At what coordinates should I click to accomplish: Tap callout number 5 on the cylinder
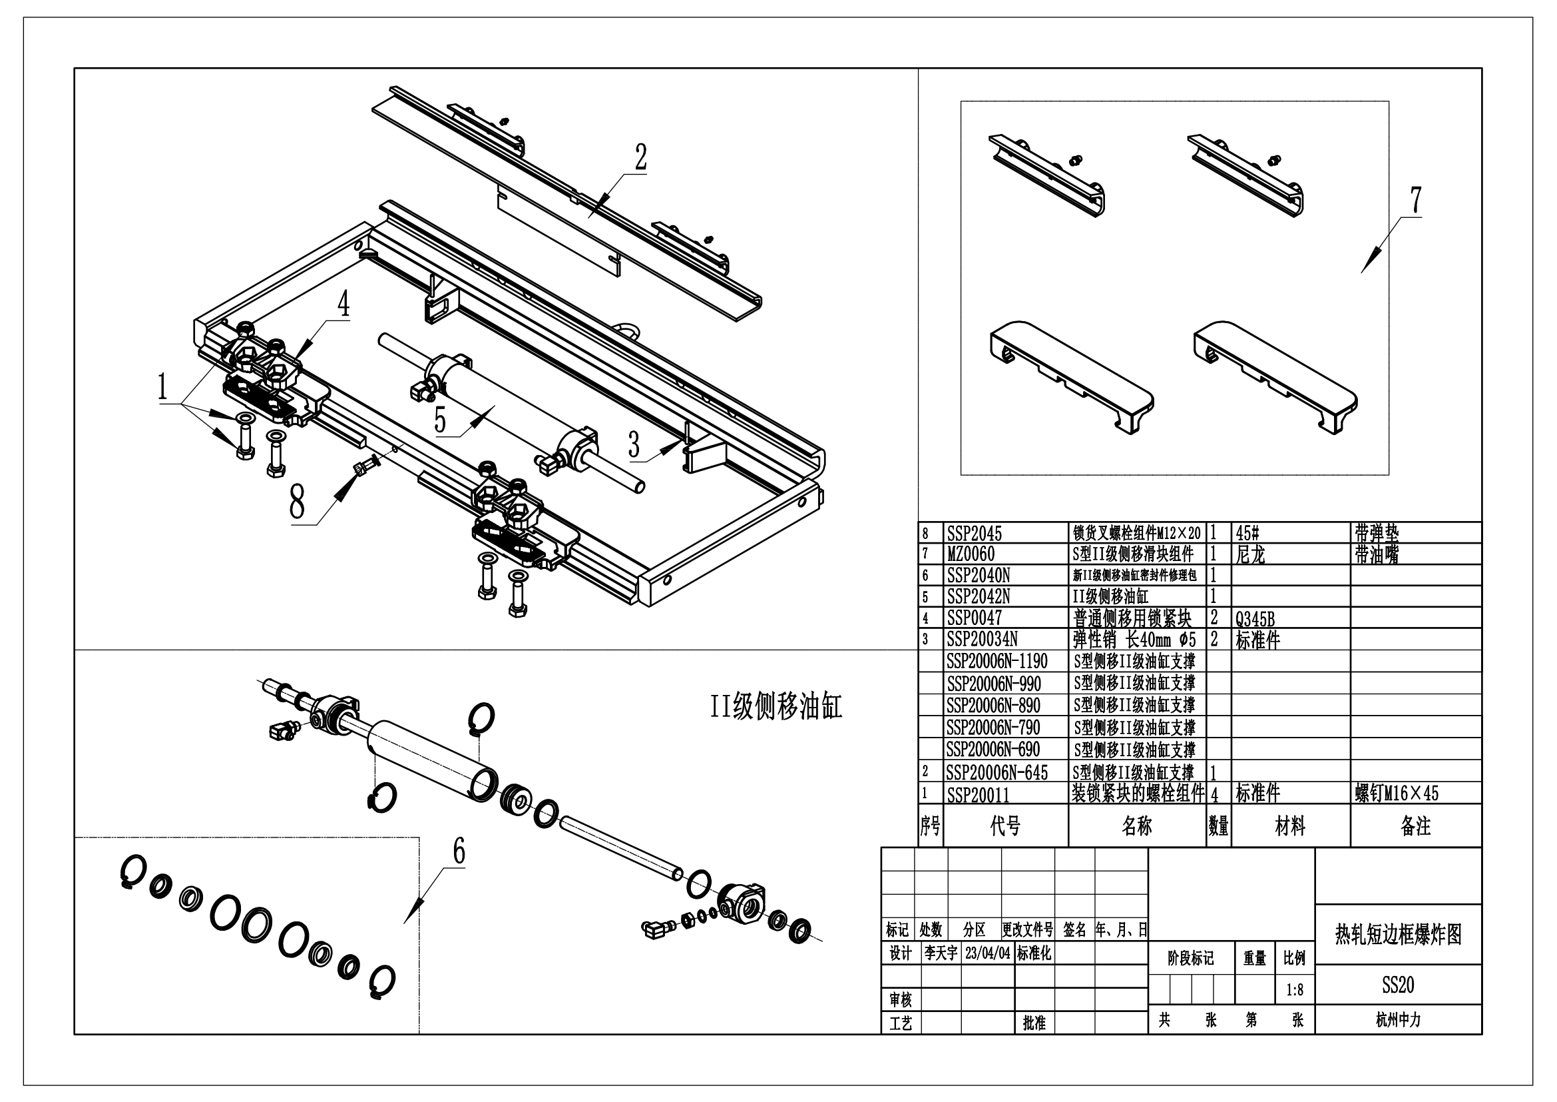click(x=440, y=420)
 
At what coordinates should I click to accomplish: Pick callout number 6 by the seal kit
click(x=459, y=851)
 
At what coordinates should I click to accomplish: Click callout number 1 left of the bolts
click(x=162, y=388)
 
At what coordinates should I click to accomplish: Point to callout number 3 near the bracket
click(x=634, y=444)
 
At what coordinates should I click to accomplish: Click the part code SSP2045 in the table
click(x=974, y=534)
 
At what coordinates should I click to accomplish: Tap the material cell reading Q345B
click(x=1255, y=619)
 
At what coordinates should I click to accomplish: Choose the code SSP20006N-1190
click(x=997, y=662)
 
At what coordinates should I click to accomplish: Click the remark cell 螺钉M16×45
click(x=1397, y=794)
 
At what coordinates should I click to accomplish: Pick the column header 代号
click(x=1005, y=826)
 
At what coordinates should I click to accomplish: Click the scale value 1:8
click(x=1295, y=990)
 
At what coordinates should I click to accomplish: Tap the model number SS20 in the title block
click(x=1399, y=985)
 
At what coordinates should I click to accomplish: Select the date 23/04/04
click(x=988, y=953)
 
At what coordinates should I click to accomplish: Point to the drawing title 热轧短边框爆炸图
click(x=1399, y=934)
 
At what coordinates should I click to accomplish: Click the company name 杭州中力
click(x=1399, y=1019)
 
